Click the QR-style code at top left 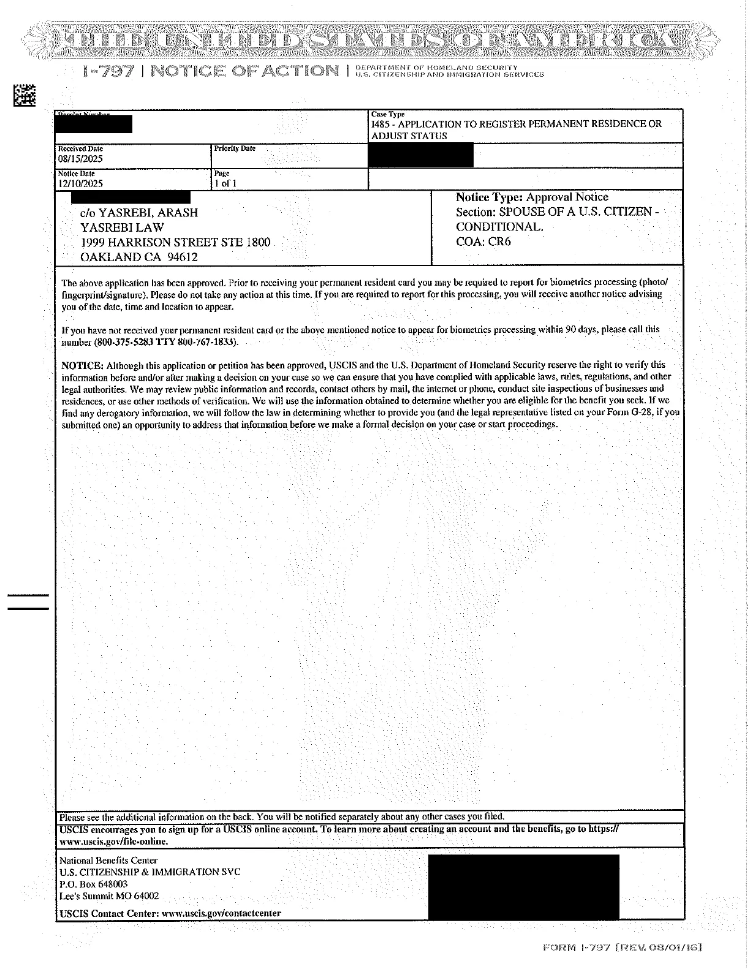(x=24, y=94)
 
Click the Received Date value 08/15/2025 (x=80, y=159)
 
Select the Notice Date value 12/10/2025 (x=80, y=184)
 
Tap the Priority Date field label (x=235, y=149)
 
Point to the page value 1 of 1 (x=225, y=184)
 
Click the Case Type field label (x=388, y=115)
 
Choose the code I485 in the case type (x=381, y=124)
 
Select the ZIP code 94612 (x=183, y=257)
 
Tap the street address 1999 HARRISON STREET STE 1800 (x=175, y=243)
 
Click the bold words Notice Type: (x=489, y=197)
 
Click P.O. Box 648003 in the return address (x=93, y=884)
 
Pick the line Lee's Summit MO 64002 (x=108, y=896)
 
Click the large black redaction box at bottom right (x=523, y=886)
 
